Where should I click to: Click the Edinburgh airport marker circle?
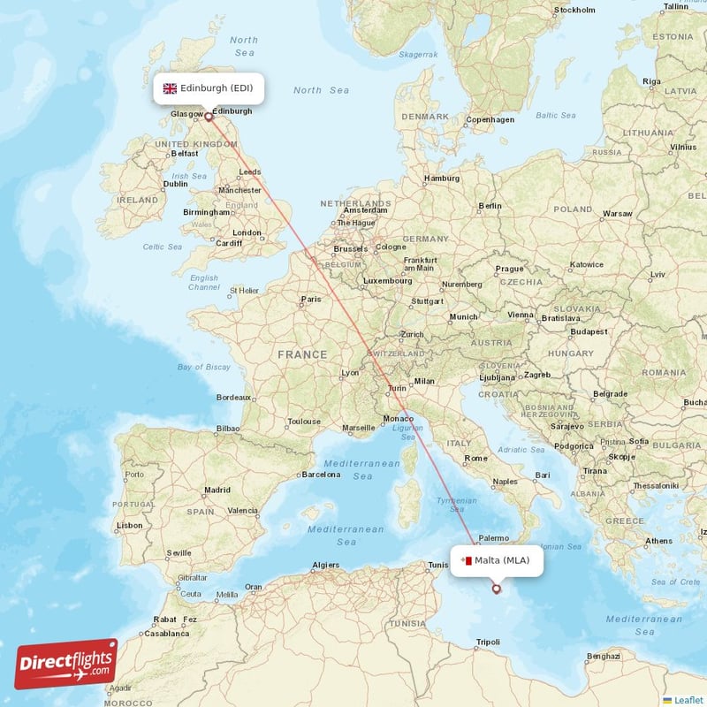pyautogui.click(x=209, y=115)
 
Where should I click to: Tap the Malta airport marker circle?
pyautogui.click(x=496, y=589)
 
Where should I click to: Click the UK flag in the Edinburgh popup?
pyautogui.click(x=170, y=88)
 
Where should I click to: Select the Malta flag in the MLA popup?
pyautogui.click(x=466, y=560)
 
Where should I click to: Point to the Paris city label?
pyautogui.click(x=311, y=299)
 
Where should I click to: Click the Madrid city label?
pyautogui.click(x=217, y=490)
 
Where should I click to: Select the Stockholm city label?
pyautogui.click(x=574, y=11)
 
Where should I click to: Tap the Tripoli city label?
pyautogui.click(x=488, y=642)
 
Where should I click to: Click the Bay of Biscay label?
pyautogui.click(x=204, y=367)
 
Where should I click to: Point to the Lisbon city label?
pyautogui.click(x=129, y=525)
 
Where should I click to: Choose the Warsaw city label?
pyautogui.click(x=617, y=214)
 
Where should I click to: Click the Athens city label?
pyautogui.click(x=658, y=541)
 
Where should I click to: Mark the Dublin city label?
pyautogui.click(x=176, y=184)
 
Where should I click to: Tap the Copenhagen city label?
pyautogui.click(x=490, y=119)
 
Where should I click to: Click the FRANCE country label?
pyautogui.click(x=302, y=354)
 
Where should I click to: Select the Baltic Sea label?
pyautogui.click(x=555, y=116)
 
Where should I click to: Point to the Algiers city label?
pyautogui.click(x=326, y=565)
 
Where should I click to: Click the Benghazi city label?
pyautogui.click(x=603, y=656)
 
